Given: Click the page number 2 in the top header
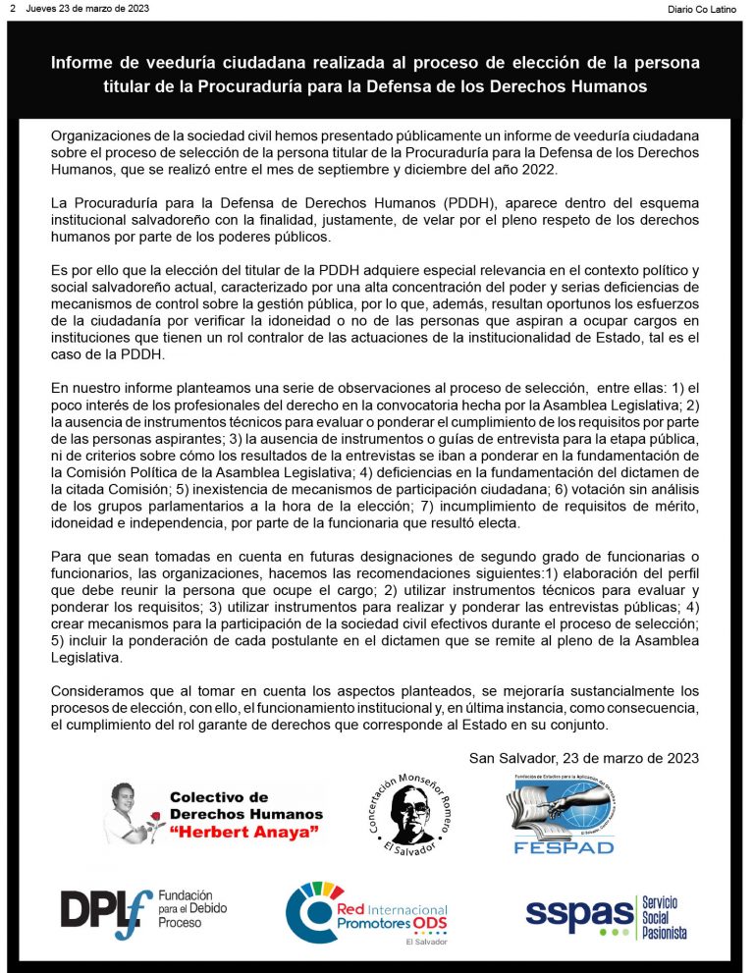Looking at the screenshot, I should tap(13, 8).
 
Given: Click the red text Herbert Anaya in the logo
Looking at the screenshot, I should tap(246, 833).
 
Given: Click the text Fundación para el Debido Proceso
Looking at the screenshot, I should tap(197, 910).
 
